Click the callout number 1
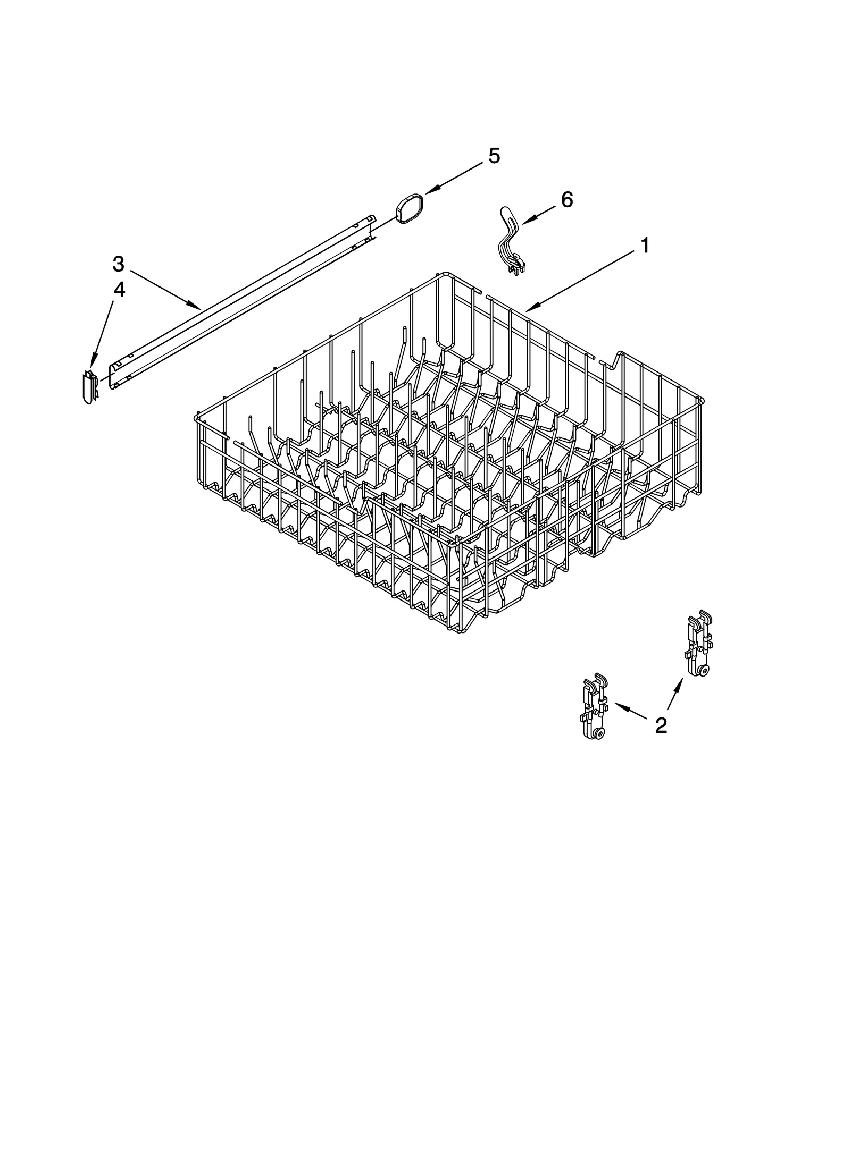[644, 246]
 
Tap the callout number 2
[661, 725]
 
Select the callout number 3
[118, 264]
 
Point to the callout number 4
[119, 290]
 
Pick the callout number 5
[494, 156]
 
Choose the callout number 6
[567, 200]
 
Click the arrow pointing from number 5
[455, 177]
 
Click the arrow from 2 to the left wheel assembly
[631, 710]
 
